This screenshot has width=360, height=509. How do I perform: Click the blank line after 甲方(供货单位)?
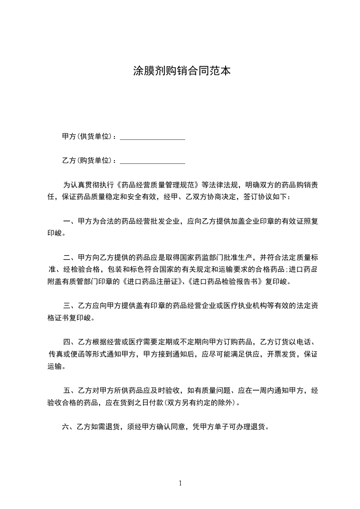[152, 137]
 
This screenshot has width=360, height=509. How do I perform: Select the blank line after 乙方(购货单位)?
[152, 161]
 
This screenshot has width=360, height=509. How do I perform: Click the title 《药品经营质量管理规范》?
[159, 185]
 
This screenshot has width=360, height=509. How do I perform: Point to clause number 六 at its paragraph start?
[65, 427]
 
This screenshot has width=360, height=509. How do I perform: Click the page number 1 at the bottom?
[180, 483]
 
